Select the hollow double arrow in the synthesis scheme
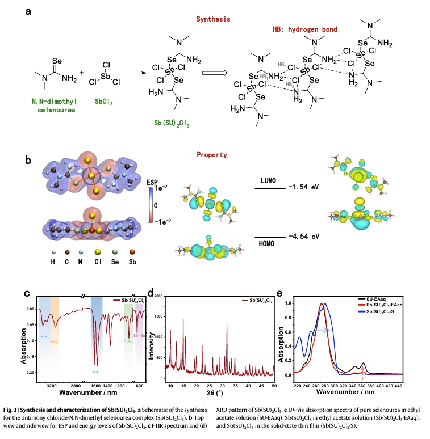(211, 73)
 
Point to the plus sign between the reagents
(82, 73)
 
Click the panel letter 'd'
(151, 293)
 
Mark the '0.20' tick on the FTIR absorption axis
(29, 372)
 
